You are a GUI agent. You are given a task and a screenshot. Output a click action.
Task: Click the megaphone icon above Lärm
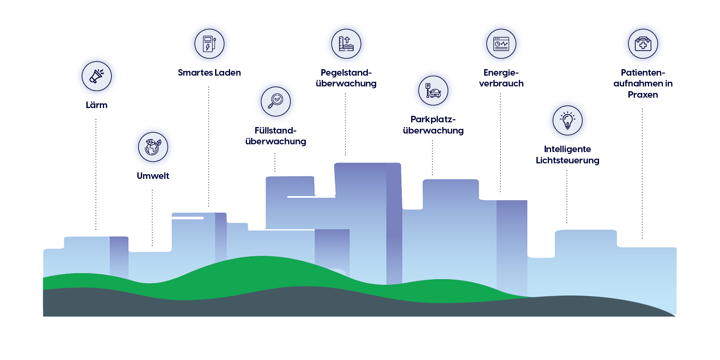[x=97, y=76]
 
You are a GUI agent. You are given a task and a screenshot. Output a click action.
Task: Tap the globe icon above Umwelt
[x=153, y=147]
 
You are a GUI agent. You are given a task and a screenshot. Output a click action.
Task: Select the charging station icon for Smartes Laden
[x=209, y=44]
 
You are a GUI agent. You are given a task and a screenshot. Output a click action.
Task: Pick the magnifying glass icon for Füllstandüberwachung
[x=276, y=101]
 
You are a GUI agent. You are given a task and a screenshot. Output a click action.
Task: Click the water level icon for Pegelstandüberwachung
[x=346, y=44]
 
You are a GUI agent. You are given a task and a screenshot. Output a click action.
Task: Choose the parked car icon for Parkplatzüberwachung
[x=433, y=90]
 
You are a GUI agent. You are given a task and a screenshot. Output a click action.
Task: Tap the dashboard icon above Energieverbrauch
[x=501, y=44]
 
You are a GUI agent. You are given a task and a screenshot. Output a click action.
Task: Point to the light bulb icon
[x=568, y=120]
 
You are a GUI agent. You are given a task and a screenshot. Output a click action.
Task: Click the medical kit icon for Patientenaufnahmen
[x=643, y=44]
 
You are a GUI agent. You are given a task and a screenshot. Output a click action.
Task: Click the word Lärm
[x=97, y=105]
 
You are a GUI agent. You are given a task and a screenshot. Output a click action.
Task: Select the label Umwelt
[x=153, y=176]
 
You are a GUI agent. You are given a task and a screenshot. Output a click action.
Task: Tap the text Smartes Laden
[x=209, y=73]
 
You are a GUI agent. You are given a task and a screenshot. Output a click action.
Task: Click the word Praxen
[x=643, y=95]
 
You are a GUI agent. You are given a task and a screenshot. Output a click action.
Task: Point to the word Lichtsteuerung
[x=568, y=160]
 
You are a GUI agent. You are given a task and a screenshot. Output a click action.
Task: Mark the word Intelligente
[x=568, y=149]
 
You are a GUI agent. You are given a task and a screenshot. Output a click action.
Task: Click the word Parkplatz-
[x=433, y=119]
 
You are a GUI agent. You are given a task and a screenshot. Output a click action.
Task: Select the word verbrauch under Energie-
[x=501, y=83]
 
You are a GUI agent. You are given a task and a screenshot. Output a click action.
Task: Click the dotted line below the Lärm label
[x=96, y=173]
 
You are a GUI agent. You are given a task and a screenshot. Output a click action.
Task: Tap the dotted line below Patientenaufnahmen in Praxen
[x=642, y=173]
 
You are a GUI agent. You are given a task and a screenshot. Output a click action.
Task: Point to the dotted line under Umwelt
[x=152, y=218]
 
